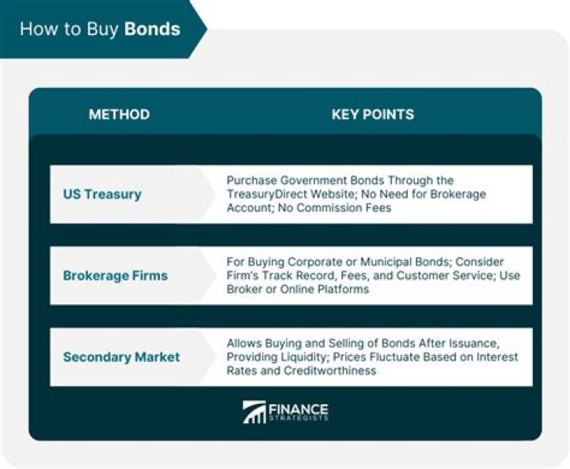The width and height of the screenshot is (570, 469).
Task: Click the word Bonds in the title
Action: (x=153, y=29)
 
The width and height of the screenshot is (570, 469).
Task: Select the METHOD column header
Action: (x=119, y=114)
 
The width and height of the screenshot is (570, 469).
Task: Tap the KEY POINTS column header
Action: (x=372, y=114)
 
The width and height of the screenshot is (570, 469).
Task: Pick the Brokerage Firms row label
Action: (x=115, y=276)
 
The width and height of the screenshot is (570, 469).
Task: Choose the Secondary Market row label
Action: (x=121, y=357)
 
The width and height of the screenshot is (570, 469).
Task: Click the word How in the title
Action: (x=35, y=29)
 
